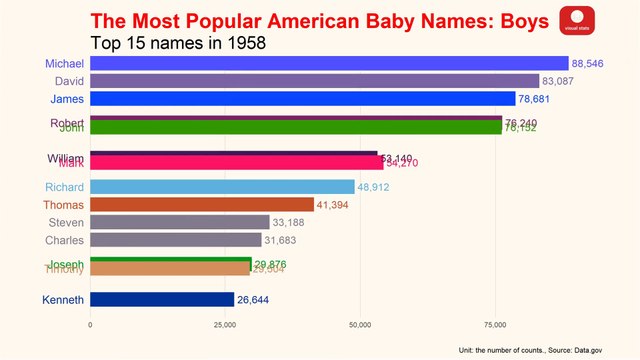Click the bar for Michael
click(329, 63)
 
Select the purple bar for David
click(315, 81)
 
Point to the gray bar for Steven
click(180, 222)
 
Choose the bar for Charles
click(176, 240)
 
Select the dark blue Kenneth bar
click(162, 299)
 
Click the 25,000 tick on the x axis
click(225, 324)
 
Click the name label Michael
click(64, 63)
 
